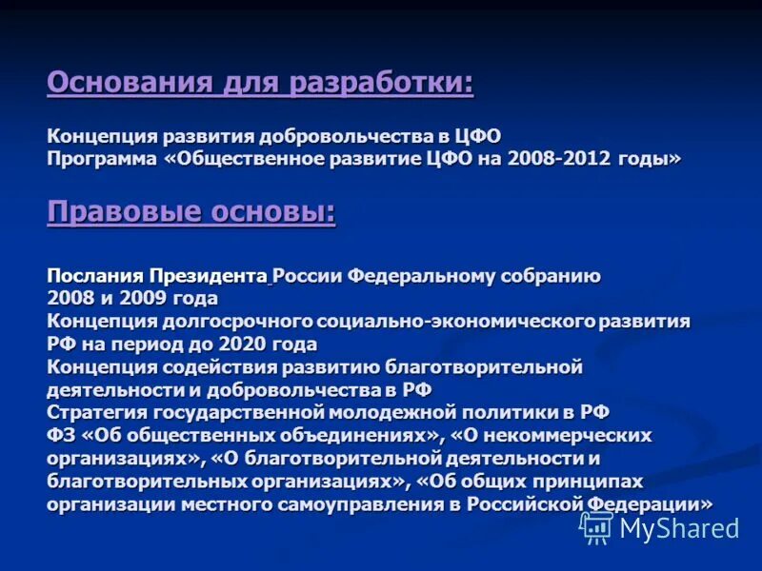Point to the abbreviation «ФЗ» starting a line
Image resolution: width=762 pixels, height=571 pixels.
click(59, 435)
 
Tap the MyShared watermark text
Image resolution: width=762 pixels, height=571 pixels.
click(679, 528)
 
